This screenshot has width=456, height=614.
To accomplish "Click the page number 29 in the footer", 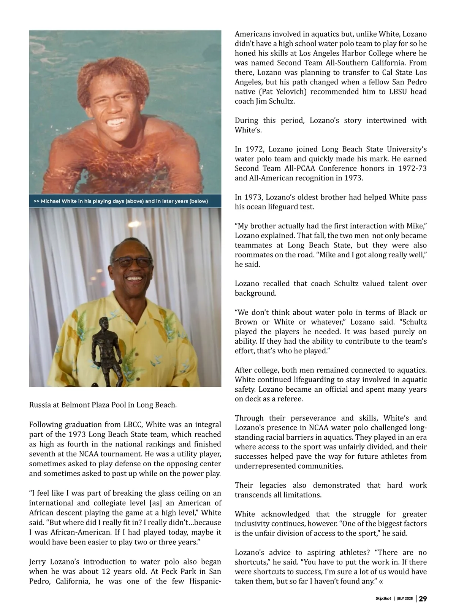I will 423,599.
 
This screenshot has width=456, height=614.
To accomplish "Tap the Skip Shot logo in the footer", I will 383,599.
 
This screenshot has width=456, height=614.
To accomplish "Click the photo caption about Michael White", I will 121,201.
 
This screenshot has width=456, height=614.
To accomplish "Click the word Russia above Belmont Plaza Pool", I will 40,405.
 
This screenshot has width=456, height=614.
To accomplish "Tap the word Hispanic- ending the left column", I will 205,581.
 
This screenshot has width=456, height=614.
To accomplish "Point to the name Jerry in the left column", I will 39,562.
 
